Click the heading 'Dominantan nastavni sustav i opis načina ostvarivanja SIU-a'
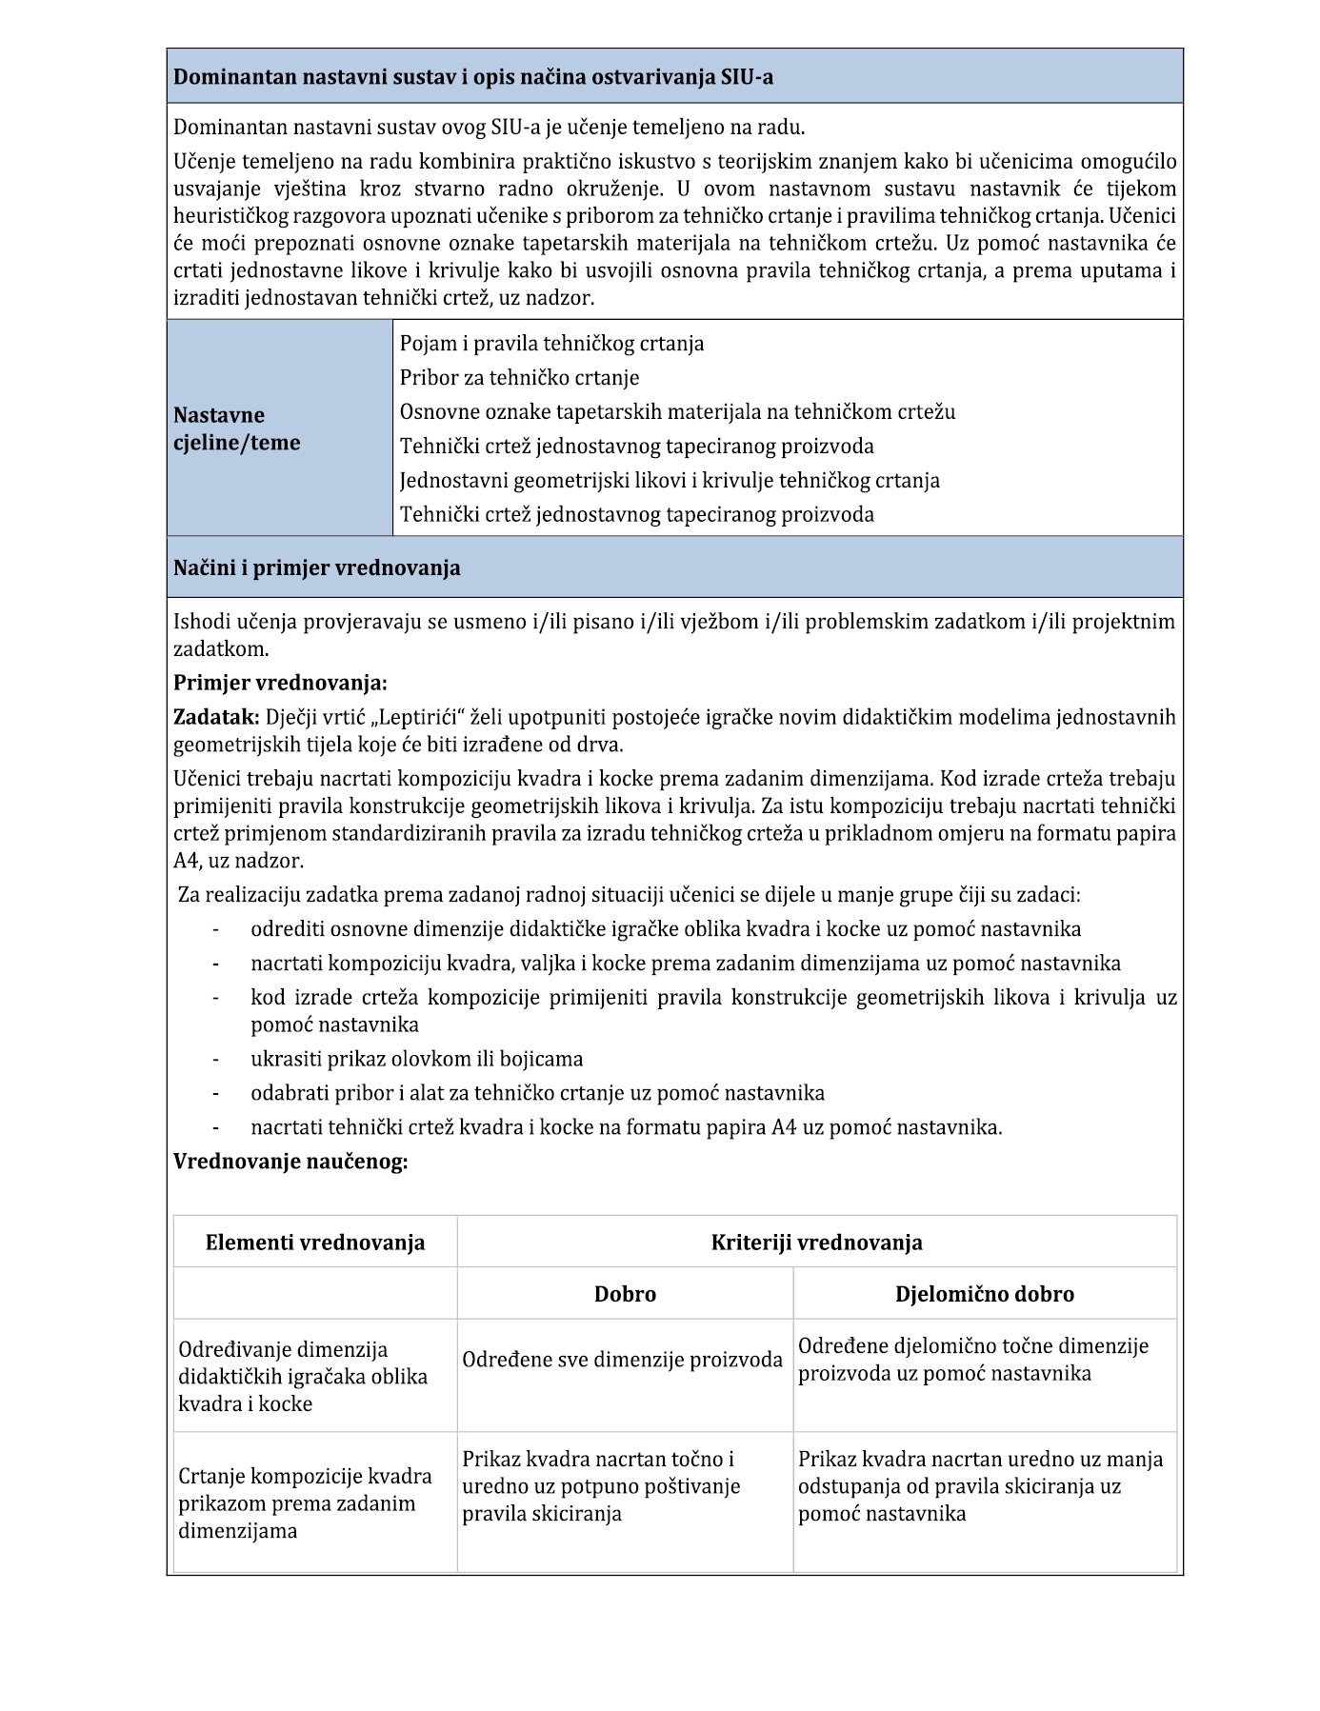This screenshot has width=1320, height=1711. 473,77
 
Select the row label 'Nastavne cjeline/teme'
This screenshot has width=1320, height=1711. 236,428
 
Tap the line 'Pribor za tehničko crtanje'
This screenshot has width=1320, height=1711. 519,378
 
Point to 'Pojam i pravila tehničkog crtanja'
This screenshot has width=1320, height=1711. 551,344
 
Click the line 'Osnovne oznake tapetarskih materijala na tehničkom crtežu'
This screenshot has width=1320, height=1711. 677,412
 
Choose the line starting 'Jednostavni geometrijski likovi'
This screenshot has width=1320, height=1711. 670,481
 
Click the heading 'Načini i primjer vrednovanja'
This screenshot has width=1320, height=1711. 316,568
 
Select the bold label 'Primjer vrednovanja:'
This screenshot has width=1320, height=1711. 280,684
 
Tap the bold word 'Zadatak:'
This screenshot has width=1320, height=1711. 216,717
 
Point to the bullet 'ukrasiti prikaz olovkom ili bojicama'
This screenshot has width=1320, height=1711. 416,1059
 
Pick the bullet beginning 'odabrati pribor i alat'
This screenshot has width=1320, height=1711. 537,1093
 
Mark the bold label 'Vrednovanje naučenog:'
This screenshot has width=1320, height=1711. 290,1162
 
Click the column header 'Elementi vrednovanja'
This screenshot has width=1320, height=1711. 315,1243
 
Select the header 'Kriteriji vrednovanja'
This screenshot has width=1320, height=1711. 816,1243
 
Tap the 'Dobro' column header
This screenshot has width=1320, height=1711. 625,1294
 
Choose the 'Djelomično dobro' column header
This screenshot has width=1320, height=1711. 984,1294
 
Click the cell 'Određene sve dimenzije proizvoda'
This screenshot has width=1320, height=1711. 622,1360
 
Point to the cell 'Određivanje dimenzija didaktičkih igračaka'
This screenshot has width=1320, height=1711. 303,1377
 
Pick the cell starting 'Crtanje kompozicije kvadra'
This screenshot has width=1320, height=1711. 305,1503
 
